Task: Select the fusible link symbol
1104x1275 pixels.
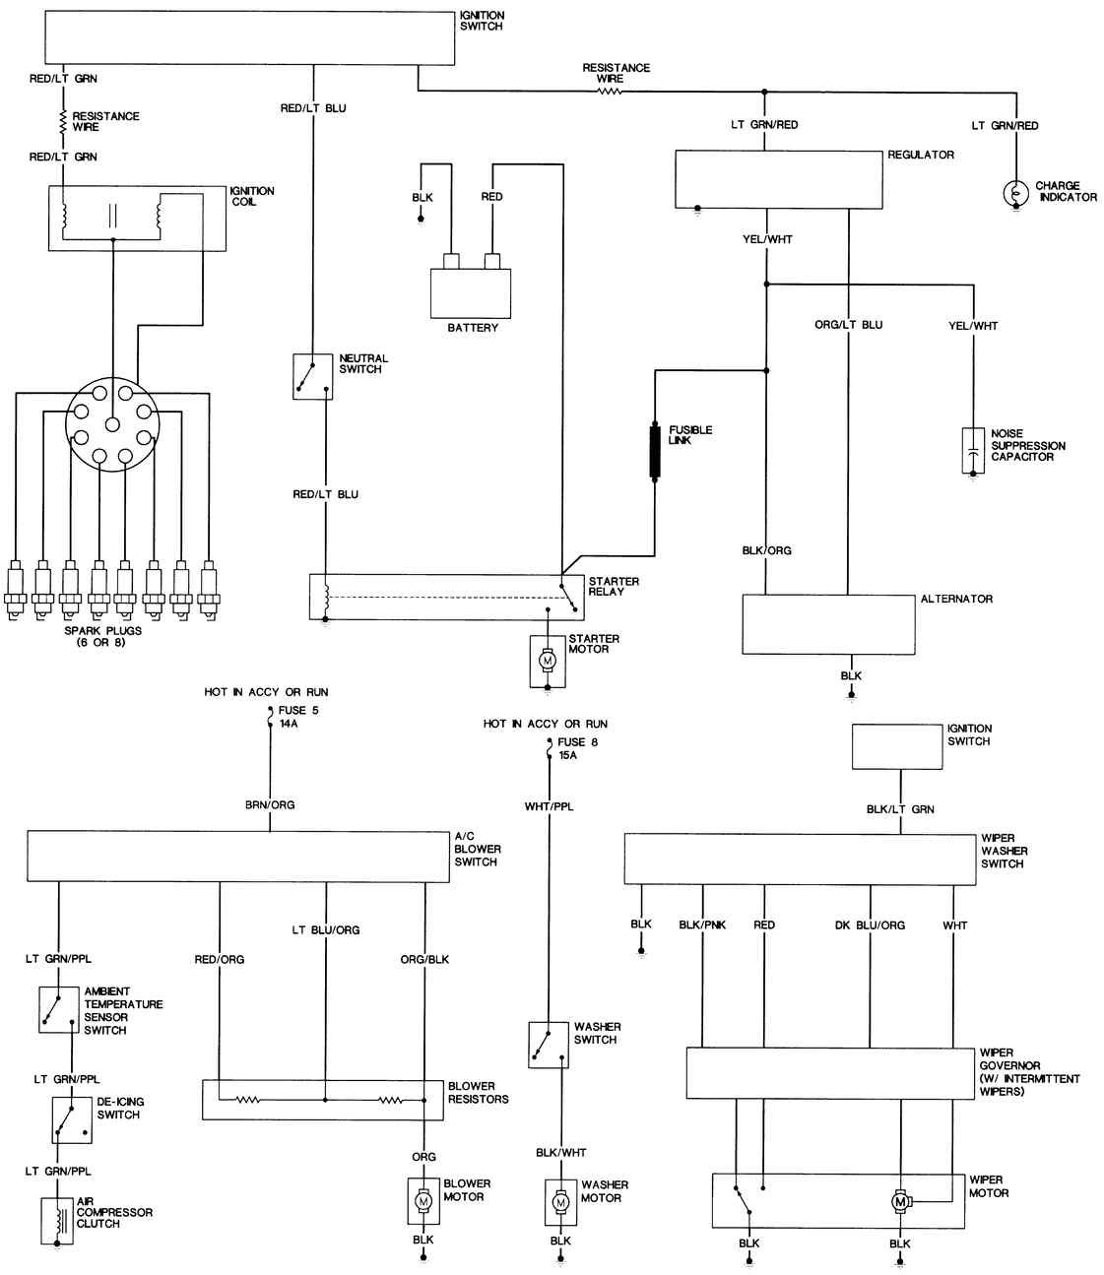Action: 655,450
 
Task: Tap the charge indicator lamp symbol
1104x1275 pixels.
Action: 1015,194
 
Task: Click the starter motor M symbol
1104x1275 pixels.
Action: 548,661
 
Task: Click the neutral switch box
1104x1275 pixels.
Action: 313,376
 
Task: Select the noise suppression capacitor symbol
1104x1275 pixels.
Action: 973,450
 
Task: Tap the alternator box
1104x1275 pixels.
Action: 828,624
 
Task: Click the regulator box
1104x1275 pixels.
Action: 778,179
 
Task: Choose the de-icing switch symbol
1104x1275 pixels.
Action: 72,1119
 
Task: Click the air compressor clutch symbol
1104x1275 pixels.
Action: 57,1221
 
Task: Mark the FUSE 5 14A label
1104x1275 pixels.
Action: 298,717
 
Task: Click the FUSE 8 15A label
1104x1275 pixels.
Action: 578,749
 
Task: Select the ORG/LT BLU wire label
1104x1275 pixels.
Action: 849,325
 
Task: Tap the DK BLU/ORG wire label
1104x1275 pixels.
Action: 870,925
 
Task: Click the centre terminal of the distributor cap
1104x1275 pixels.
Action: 112,424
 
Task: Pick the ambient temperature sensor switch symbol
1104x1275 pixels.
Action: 59,1010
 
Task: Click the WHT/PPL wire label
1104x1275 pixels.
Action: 549,806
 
